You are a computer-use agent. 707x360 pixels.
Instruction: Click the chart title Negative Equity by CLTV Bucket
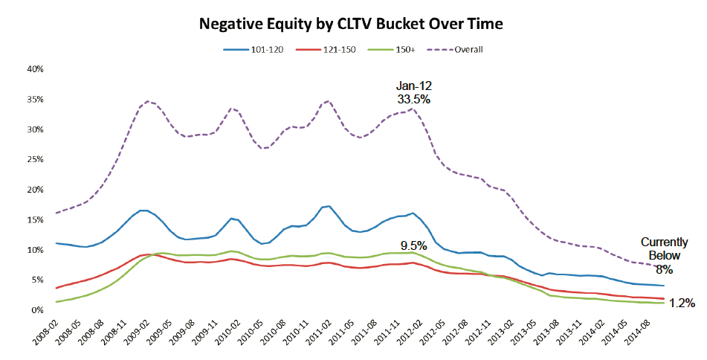tap(351, 24)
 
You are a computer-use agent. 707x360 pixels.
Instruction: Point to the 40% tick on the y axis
tap(35, 69)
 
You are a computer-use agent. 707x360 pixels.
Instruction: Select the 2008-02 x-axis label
tap(47, 332)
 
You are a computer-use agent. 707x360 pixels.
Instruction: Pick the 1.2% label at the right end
tap(681, 303)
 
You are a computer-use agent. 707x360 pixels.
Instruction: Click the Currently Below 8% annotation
tap(664, 254)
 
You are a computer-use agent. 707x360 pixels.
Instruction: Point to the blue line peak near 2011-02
tap(328, 206)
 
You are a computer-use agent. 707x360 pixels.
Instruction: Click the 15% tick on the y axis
tap(35, 219)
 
